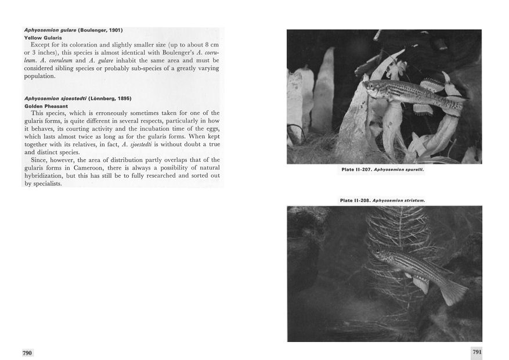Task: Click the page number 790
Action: [27, 352]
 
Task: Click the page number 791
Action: [476, 352]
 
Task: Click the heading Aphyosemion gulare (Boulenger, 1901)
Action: [73, 30]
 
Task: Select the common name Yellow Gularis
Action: [44, 37]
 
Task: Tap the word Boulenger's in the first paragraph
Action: [174, 52]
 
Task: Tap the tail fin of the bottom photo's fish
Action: [453, 291]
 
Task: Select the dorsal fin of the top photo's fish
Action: [432, 84]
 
